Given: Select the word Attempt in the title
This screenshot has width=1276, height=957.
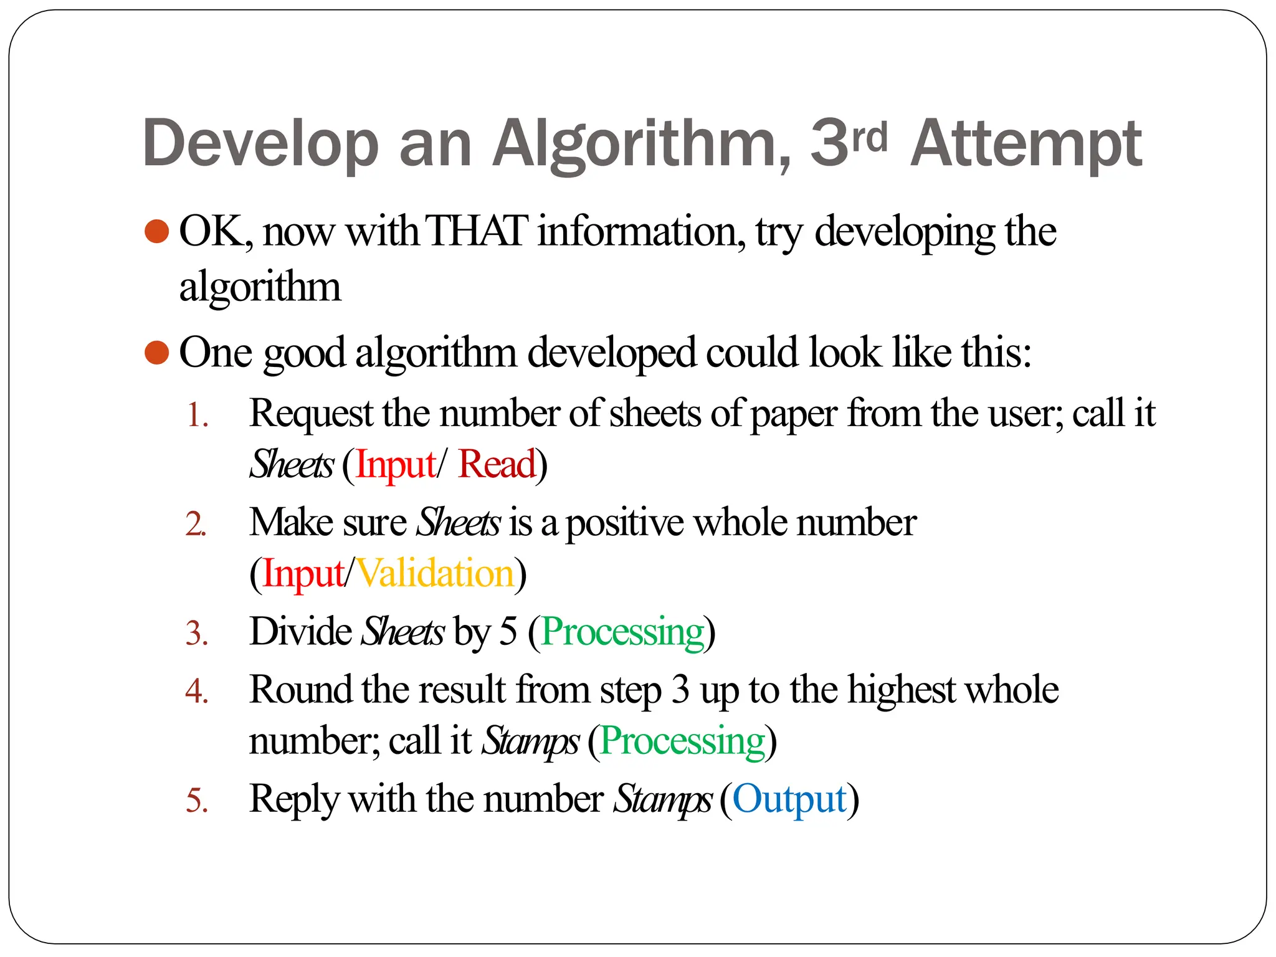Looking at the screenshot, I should tap(1026, 145).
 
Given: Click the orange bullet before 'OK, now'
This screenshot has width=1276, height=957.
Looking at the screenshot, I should tap(156, 231).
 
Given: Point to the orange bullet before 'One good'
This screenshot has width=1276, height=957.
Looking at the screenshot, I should tap(156, 353).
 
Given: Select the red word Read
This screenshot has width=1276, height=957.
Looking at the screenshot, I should tap(497, 464).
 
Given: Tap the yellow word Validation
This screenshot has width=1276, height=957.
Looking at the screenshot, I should tap(436, 573).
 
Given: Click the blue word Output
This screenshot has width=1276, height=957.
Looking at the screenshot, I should tap(789, 799).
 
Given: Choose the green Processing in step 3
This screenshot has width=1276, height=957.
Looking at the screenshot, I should tap(622, 632).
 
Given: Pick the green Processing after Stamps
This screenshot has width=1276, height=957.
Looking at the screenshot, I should tap(682, 741).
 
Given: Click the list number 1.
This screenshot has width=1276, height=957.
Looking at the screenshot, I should tap(197, 416).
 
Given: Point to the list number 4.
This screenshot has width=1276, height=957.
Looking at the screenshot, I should tap(197, 692).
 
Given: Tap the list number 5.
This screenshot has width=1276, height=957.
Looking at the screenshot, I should tap(197, 801).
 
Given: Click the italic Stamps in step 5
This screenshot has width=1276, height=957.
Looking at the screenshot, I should tap(662, 799).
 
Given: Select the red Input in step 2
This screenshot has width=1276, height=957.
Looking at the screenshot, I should tap(303, 573).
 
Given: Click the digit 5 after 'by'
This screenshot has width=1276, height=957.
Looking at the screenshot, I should tap(508, 631).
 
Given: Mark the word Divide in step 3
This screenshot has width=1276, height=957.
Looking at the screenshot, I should tap(300, 631).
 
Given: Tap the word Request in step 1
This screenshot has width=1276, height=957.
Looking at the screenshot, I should tap(311, 414).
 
